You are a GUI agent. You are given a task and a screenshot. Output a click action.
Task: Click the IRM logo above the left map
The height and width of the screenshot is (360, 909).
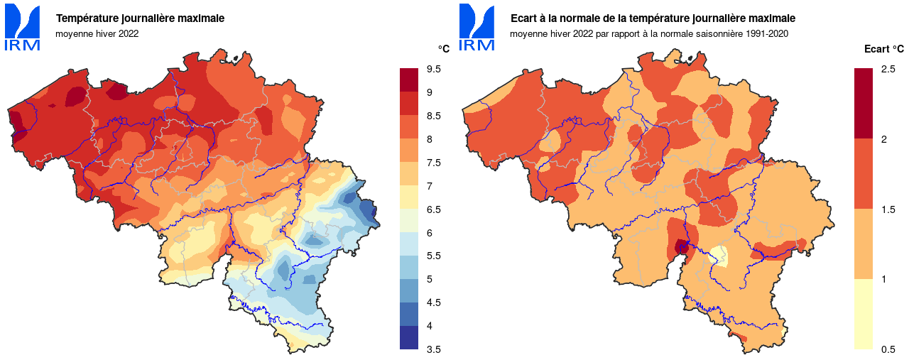(23, 27)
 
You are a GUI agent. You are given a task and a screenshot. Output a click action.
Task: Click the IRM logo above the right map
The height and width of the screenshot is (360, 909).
(477, 27)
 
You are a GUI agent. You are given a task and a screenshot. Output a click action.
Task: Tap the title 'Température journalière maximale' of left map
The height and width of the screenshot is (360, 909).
(140, 18)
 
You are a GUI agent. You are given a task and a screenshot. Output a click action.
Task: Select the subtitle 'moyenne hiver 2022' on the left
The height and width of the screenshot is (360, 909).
(97, 33)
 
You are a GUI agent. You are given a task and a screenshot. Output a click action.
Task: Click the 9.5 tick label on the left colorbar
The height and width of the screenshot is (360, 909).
(433, 69)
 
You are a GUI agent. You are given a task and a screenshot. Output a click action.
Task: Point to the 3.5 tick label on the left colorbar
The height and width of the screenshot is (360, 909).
(433, 349)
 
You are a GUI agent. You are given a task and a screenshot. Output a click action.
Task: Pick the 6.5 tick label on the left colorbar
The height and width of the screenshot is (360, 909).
(433, 209)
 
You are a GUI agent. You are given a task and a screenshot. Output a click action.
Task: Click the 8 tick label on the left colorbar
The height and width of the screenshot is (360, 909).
(430, 139)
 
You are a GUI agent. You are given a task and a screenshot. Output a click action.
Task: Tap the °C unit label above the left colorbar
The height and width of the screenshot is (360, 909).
(443, 49)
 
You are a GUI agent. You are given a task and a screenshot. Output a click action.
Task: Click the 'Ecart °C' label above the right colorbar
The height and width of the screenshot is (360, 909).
(883, 49)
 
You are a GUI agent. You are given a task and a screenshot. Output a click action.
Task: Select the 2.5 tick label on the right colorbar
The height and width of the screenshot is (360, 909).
(888, 69)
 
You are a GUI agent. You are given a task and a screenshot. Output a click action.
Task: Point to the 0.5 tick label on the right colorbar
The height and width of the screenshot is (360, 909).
(888, 349)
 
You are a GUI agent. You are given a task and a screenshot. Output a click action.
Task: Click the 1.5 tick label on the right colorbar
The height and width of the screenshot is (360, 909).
(888, 209)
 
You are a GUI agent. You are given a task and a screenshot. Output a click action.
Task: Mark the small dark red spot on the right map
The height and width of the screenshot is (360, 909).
(682, 247)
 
